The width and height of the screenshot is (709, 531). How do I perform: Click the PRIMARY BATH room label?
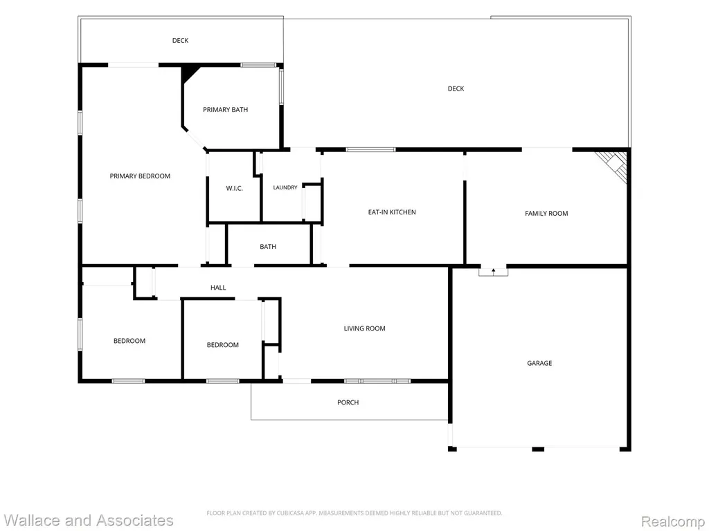point(225,110)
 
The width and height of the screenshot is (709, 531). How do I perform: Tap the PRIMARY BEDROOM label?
point(140,176)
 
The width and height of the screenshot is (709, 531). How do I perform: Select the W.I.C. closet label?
point(234,188)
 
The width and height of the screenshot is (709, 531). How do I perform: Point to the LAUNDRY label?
point(285,187)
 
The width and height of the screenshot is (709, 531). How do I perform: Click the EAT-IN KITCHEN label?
point(392,212)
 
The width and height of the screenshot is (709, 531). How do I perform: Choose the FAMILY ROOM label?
point(546,214)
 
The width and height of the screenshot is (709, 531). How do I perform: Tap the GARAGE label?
point(539,363)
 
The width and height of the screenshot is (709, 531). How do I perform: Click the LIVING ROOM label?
point(364,328)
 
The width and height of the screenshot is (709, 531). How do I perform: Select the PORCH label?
point(348,402)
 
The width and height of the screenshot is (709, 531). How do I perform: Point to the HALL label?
point(218,288)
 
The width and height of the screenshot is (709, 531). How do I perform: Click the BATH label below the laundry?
point(268,247)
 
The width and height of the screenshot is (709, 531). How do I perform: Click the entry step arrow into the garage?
point(493,271)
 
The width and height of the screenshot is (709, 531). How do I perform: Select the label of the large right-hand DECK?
point(456,89)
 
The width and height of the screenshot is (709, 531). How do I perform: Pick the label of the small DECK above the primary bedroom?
point(181,41)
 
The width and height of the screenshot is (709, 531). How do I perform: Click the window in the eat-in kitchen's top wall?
point(371,149)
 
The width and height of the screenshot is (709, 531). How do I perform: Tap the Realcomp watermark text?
point(672,521)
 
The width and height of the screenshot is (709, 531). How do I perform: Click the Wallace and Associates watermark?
point(88,521)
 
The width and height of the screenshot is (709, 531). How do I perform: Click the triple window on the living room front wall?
point(377,382)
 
